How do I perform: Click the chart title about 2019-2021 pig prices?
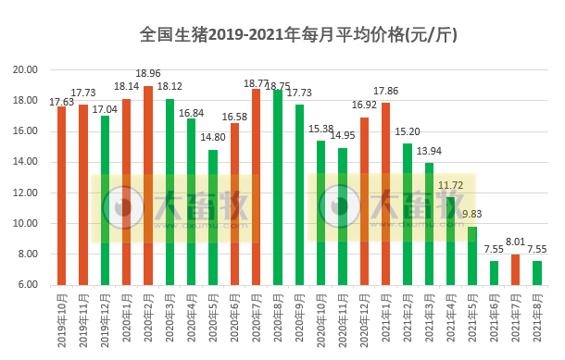[x=297, y=35]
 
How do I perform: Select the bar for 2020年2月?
[x=148, y=185]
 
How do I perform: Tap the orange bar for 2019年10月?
[x=62, y=195]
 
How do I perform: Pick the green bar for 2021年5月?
[x=472, y=255]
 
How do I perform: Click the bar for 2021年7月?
[x=515, y=269]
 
